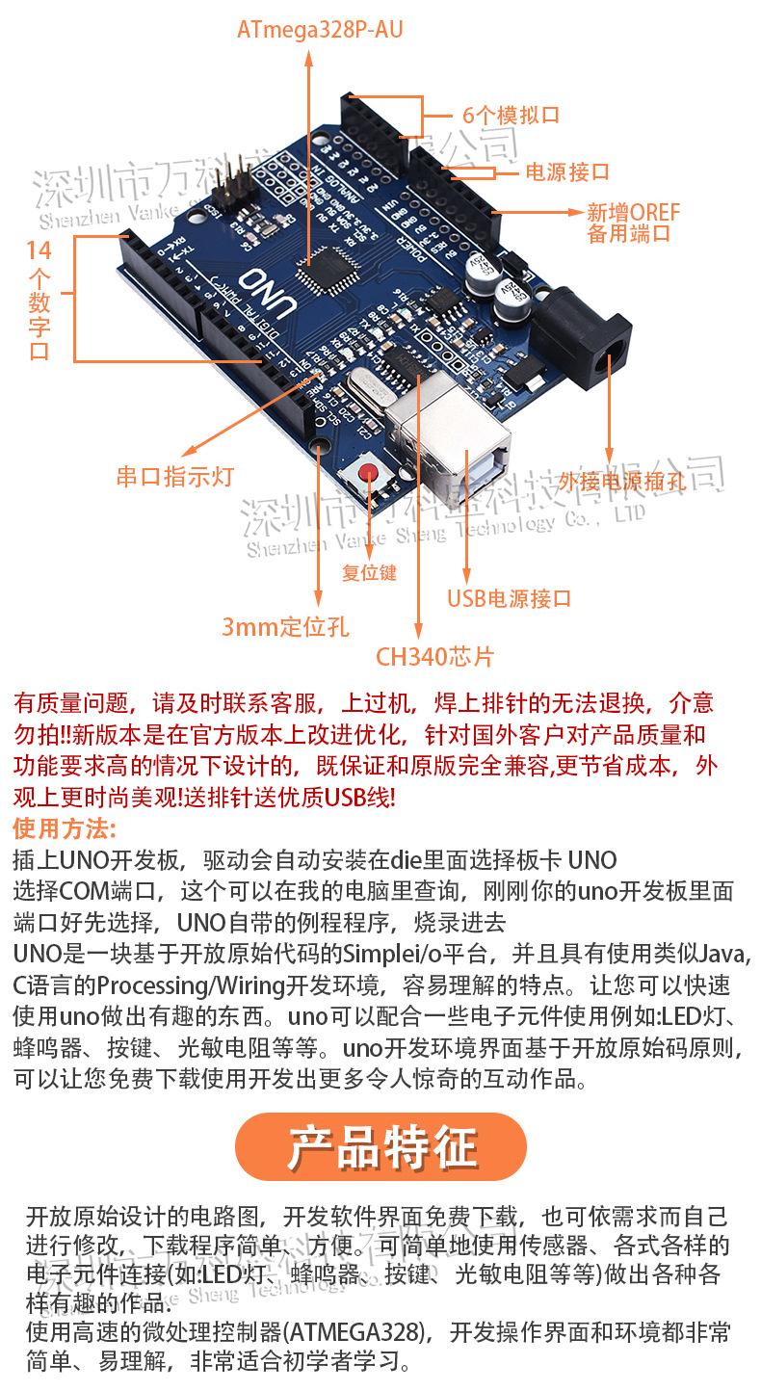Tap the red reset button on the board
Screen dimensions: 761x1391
pyautogui.click(x=371, y=473)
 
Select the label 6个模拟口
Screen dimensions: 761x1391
pyautogui.click(x=511, y=116)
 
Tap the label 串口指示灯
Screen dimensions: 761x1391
pyautogui.click(x=175, y=477)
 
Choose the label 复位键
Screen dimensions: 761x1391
pyautogui.click(x=369, y=572)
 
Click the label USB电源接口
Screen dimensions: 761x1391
pyautogui.click(x=509, y=598)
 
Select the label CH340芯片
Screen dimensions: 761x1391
pyautogui.click(x=434, y=658)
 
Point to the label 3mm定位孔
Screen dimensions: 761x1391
pyautogui.click(x=285, y=628)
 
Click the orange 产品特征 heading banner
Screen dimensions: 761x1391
pyautogui.click(x=381, y=1147)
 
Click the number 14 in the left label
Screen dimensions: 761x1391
pyautogui.click(x=39, y=251)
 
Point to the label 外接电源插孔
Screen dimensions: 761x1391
pyautogui.click(x=621, y=483)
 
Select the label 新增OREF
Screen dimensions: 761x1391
pyautogui.click(x=633, y=212)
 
